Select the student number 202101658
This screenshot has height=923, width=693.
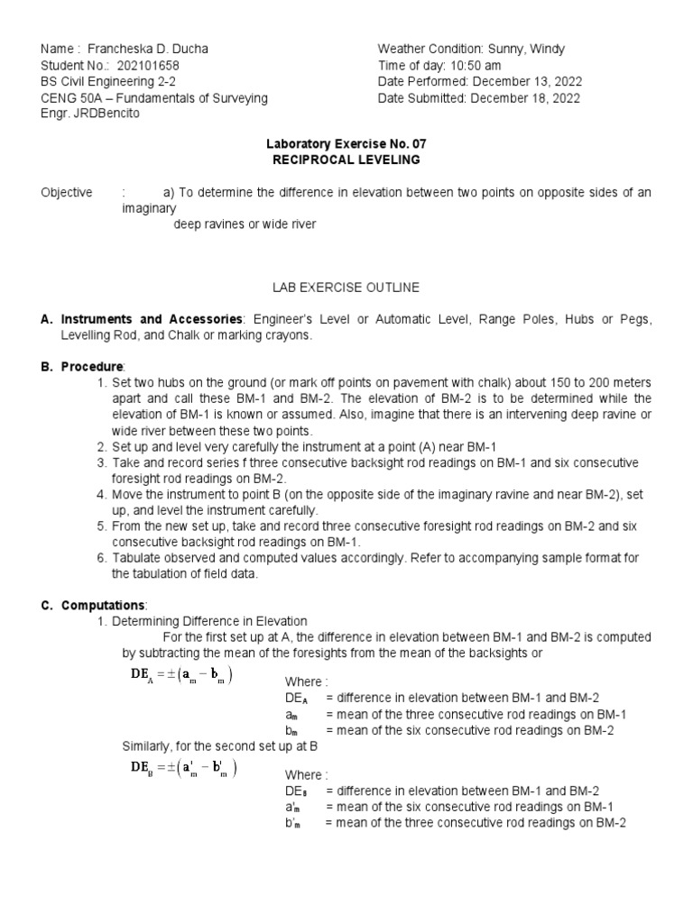point(138,65)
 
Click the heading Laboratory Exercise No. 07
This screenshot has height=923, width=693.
point(346,143)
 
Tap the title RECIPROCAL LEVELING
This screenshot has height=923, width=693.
point(346,160)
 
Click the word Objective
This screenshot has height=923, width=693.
point(66,193)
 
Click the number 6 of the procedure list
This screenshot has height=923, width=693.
point(101,558)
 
